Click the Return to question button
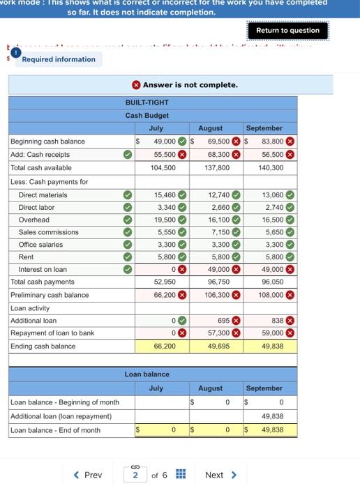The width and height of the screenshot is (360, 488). (x=287, y=31)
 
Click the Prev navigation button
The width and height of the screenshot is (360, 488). (x=88, y=475)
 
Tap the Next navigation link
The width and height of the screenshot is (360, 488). (x=220, y=475)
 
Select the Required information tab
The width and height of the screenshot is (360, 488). (x=59, y=59)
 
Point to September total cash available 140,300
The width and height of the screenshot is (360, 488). (x=271, y=167)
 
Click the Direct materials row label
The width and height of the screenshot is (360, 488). (x=43, y=195)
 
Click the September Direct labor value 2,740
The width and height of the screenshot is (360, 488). (x=273, y=208)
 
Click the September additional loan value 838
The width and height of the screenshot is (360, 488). (x=278, y=321)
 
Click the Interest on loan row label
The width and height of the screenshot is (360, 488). (x=43, y=269)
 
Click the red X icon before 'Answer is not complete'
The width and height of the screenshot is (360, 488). (x=137, y=85)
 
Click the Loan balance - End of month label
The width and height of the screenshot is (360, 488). (x=56, y=430)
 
